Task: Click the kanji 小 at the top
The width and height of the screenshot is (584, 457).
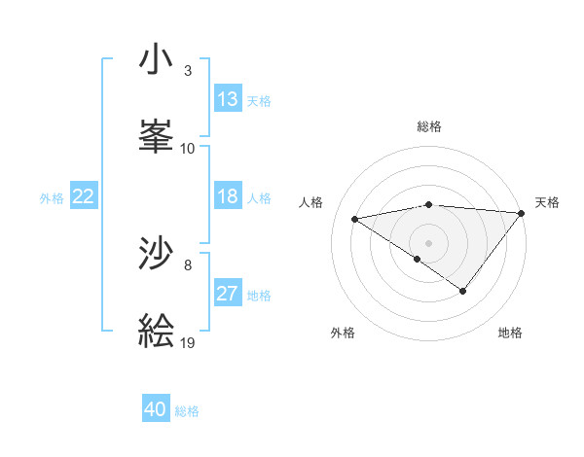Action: (x=157, y=59)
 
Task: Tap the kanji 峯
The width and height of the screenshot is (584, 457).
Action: (x=157, y=135)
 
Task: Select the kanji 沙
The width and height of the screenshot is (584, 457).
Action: (x=157, y=254)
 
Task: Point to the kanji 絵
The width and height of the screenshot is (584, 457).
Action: (x=157, y=331)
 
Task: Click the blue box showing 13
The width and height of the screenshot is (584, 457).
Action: (x=228, y=99)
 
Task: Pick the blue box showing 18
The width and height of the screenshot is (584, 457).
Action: (x=228, y=196)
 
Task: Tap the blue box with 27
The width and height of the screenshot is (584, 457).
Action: (x=228, y=294)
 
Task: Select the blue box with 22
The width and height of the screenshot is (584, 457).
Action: (x=84, y=196)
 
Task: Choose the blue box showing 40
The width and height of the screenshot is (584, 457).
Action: (x=156, y=409)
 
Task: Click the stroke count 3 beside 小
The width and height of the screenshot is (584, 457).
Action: (x=188, y=71)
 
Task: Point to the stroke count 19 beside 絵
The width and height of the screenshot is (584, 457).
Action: (x=188, y=342)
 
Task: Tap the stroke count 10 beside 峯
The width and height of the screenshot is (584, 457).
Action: (x=188, y=148)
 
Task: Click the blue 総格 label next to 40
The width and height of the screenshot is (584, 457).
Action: (x=188, y=411)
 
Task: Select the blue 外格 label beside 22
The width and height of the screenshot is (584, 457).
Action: (x=52, y=198)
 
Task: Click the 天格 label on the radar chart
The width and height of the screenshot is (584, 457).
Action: (x=547, y=202)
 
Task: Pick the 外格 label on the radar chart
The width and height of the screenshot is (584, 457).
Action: (x=343, y=333)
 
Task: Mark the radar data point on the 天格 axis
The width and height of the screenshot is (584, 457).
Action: (x=522, y=212)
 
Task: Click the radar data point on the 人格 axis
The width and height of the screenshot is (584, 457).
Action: (x=354, y=218)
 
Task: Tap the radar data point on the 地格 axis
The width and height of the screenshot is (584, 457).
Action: (x=463, y=291)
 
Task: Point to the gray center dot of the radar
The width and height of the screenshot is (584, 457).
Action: (x=428, y=242)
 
